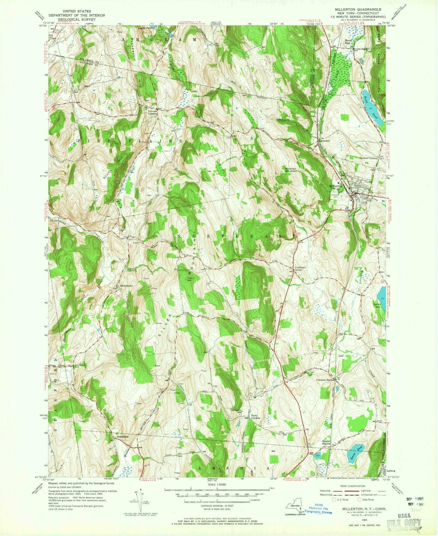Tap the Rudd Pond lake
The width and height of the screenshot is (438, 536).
click(372, 107)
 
